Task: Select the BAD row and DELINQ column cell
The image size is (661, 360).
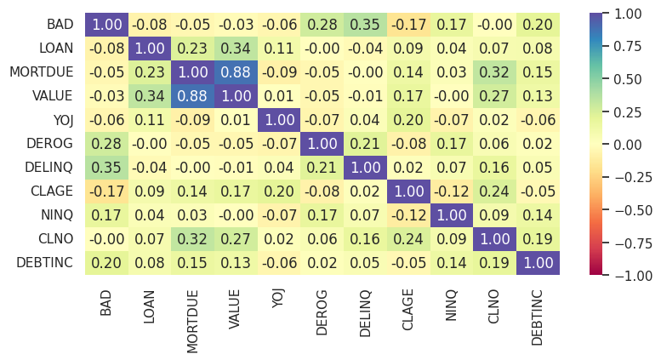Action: pos(366,26)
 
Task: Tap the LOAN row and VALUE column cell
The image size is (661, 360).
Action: pos(236,49)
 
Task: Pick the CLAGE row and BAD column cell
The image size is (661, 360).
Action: pos(106,191)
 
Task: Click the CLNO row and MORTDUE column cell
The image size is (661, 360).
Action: pos(192,239)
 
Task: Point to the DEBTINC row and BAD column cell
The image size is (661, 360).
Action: pos(106,263)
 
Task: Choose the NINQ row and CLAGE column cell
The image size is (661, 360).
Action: pos(408,215)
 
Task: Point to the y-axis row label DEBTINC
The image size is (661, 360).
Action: pos(45,263)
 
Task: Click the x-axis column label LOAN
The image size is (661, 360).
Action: pos(150,303)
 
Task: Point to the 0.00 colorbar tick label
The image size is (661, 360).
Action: pos(634,145)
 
